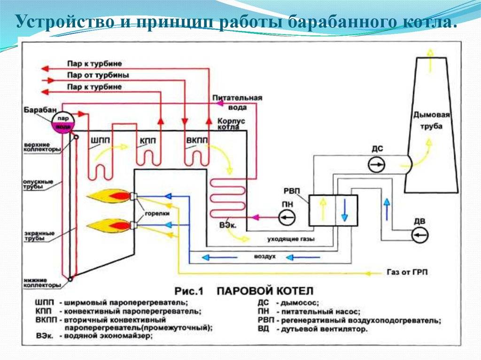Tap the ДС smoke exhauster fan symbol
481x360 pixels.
pyautogui.click(x=376, y=164)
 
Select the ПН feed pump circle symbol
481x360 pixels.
pyautogui.click(x=287, y=217)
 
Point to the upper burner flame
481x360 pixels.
pyautogui.click(x=109, y=196)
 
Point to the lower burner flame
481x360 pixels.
pyautogui.click(x=109, y=226)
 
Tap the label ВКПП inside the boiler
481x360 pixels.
pyautogui.click(x=197, y=141)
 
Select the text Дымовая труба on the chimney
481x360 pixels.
pyautogui.click(x=431, y=120)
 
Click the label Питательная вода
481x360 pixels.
pyautogui.click(x=238, y=102)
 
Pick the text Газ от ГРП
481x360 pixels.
pyautogui.click(x=407, y=272)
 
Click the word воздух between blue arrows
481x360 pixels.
pyautogui.click(x=265, y=256)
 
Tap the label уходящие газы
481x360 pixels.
pyautogui.click(x=291, y=238)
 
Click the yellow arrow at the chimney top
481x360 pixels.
pyautogui.click(x=430, y=60)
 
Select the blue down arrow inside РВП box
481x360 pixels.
pyautogui.click(x=344, y=210)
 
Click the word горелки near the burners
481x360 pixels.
pyautogui.click(x=157, y=214)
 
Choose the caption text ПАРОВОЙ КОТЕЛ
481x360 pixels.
pyautogui.click(x=265, y=291)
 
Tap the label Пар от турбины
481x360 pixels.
pyautogui.click(x=98, y=75)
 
